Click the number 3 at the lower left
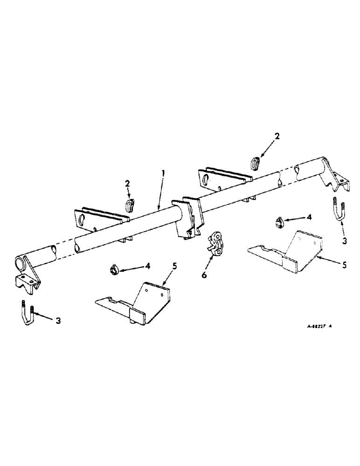(x=58, y=321)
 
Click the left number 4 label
(x=148, y=266)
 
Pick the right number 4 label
(x=309, y=217)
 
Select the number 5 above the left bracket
(x=174, y=267)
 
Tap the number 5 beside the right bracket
(x=344, y=265)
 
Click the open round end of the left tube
(x=20, y=263)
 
